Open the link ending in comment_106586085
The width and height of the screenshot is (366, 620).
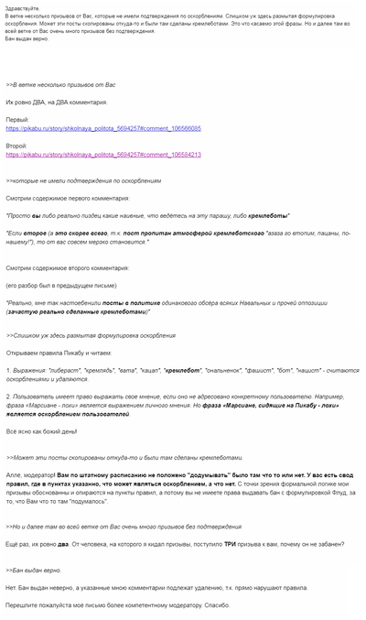tap(103, 129)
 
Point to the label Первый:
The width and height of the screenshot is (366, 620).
tap(17, 119)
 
